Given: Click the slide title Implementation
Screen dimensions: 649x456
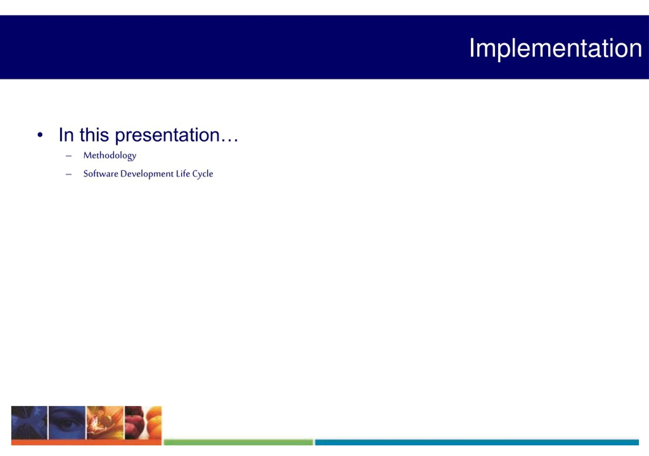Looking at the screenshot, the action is point(555,49).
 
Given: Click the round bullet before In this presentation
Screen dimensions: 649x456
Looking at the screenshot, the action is point(40,135).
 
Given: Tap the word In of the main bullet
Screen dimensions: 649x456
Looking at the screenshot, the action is point(66,135).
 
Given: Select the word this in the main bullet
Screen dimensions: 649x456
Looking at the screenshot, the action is point(94,135).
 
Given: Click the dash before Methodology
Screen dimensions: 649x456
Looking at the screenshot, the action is point(68,156).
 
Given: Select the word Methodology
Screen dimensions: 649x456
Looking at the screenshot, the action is point(110,156).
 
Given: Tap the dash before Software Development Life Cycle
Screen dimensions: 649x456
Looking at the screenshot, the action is point(68,174).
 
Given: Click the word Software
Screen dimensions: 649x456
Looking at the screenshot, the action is point(101,173).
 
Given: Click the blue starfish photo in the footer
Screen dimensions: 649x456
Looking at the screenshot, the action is point(29,423).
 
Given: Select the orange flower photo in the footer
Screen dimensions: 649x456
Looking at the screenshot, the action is point(105,423).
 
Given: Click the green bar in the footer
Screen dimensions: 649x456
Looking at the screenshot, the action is point(238,442).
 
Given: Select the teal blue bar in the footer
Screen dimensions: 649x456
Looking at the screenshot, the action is point(477,442).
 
